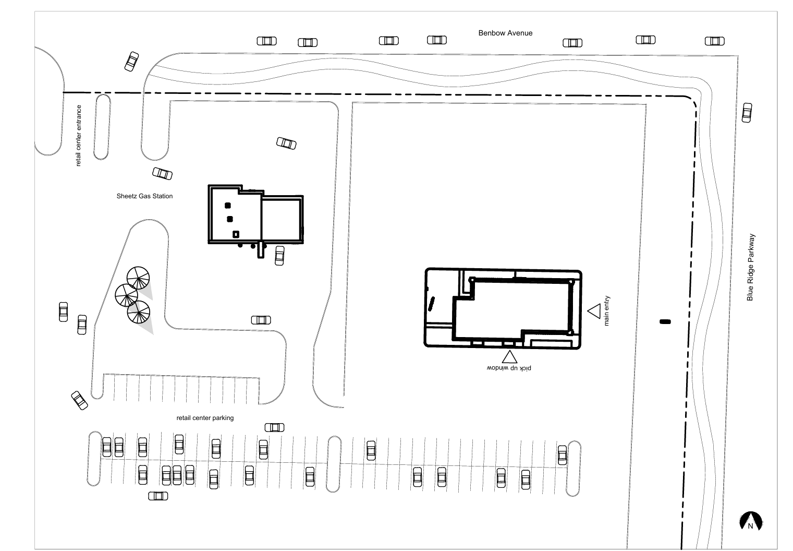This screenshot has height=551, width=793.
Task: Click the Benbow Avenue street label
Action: pos(505,33)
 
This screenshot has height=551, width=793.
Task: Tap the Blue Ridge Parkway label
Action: pos(750,267)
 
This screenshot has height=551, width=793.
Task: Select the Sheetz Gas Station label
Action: pos(144,196)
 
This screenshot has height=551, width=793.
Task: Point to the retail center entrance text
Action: pos(78,135)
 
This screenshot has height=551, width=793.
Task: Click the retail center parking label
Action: pos(205,418)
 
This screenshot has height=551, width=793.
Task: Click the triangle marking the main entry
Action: pos(594,311)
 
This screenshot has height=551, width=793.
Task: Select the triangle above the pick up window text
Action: pos(509,357)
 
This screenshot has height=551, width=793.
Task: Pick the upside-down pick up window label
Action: pos(509,368)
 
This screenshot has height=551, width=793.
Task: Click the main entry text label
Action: pos(606,311)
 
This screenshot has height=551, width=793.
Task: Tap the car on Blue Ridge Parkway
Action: pos(747,113)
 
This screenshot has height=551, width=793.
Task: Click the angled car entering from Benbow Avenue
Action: pos(131,61)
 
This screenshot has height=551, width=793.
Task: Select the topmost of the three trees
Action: pos(138,278)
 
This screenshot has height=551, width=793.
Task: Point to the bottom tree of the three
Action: pos(138,312)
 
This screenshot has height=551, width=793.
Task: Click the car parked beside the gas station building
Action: pos(279,256)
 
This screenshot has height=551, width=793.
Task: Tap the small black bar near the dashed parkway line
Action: pos(665,322)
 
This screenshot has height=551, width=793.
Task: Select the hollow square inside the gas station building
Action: pos(236,234)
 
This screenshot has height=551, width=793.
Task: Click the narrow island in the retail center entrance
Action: pos(102,127)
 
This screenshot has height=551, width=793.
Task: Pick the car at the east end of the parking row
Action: pos(562,455)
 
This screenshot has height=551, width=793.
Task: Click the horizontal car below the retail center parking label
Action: pos(274,428)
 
